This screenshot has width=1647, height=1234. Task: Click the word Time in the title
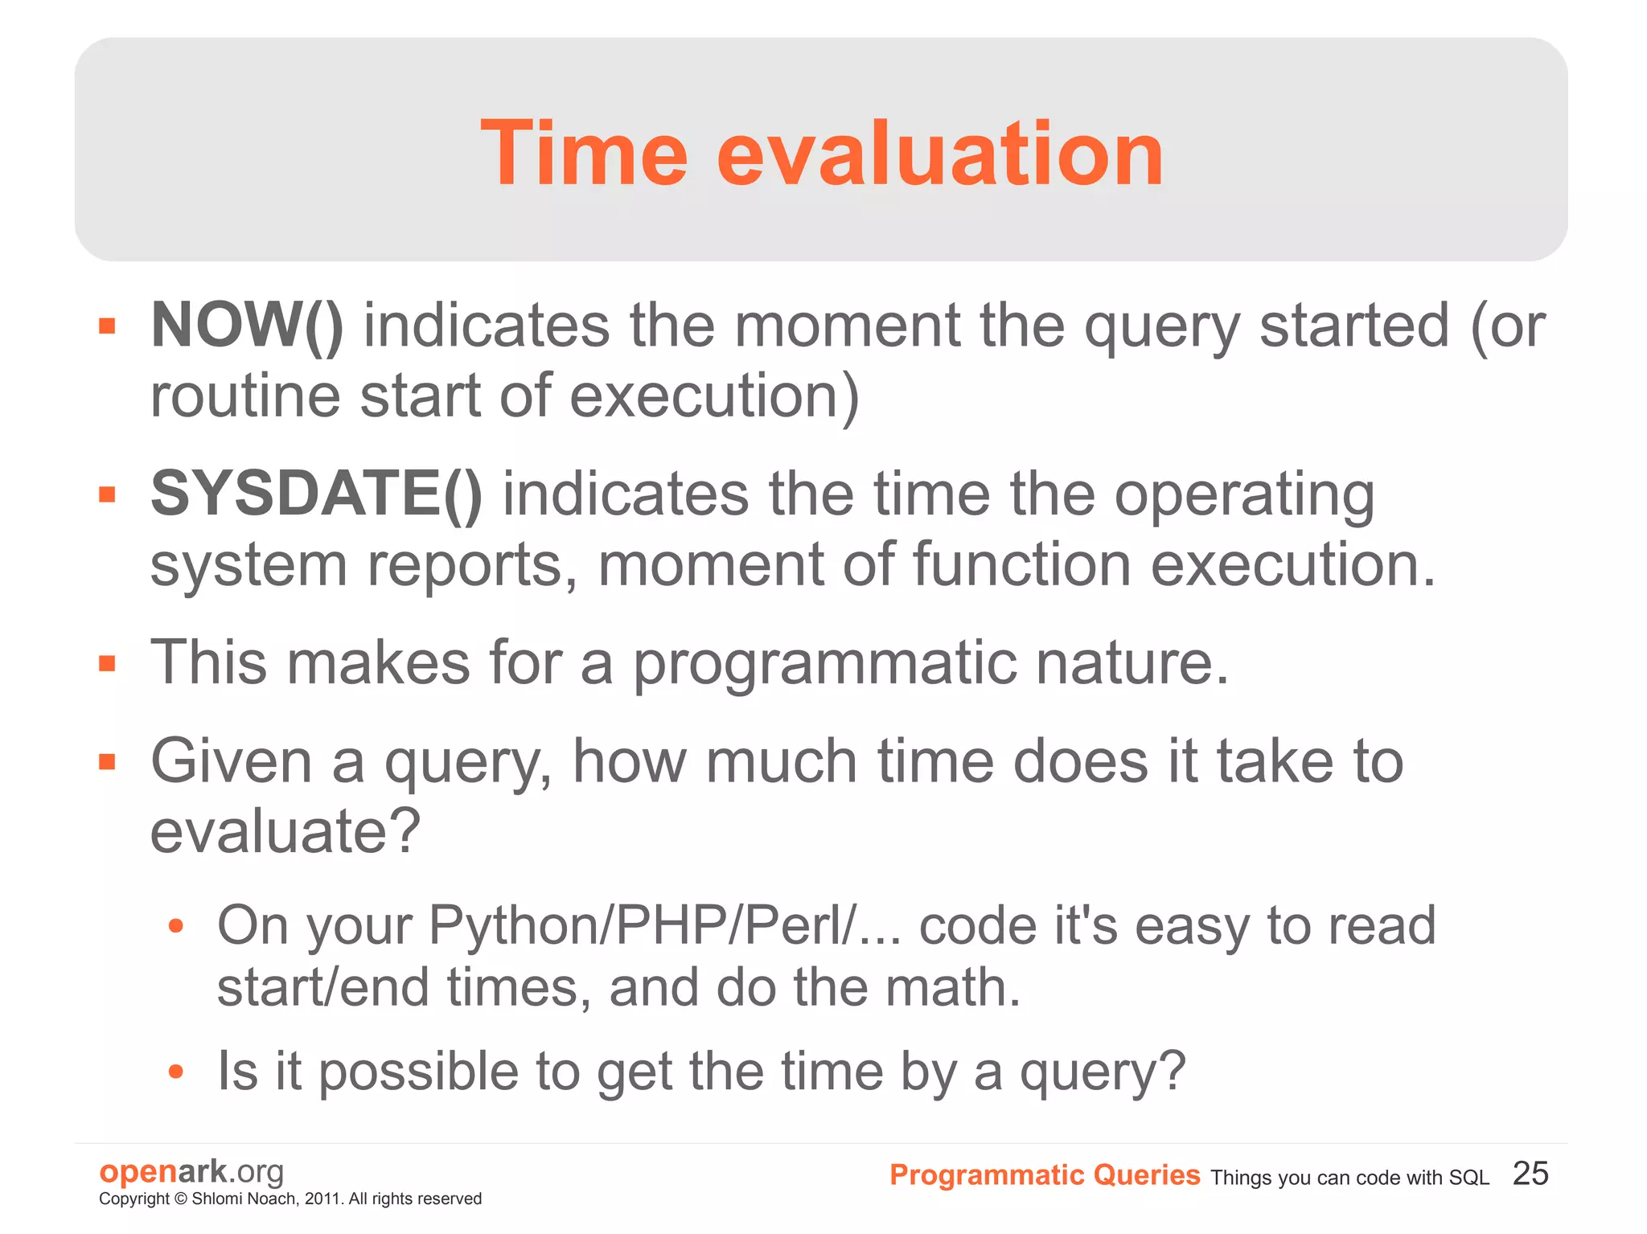point(584,153)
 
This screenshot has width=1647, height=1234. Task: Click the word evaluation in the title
point(939,153)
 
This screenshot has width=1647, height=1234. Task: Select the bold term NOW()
point(248,325)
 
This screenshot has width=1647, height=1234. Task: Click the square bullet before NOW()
point(107,326)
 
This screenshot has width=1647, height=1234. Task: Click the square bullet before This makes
point(107,663)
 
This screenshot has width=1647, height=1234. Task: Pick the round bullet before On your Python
point(176,926)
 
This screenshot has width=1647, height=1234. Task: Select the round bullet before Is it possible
point(176,1072)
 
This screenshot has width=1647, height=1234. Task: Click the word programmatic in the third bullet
point(824,664)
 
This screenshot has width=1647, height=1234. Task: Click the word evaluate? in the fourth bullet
point(285,831)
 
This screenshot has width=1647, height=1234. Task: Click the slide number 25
point(1530,1174)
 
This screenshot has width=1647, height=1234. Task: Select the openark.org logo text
point(191,1171)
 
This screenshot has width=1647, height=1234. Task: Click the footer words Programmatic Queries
point(1045,1175)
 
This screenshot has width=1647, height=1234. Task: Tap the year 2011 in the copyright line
point(325,1199)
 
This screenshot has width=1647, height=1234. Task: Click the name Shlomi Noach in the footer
point(244,1199)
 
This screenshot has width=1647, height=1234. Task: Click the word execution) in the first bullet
point(715,396)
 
